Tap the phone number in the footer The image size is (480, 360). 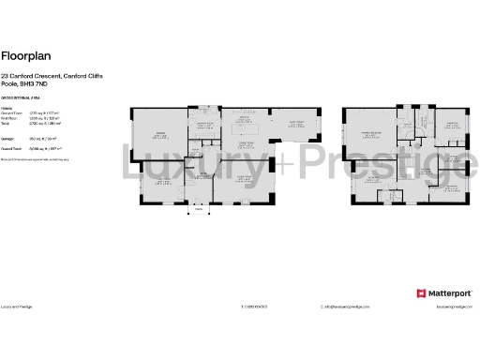255,306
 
